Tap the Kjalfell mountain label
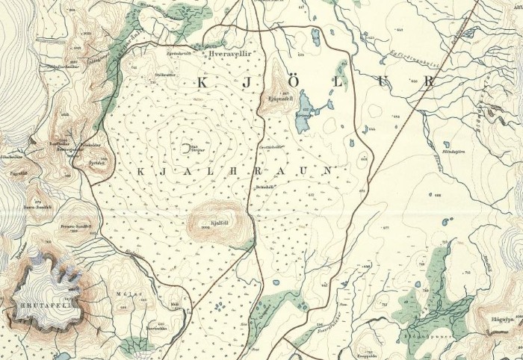click(x=219, y=222)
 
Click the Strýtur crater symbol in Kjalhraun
click(x=185, y=147)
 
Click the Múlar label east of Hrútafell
click(x=123, y=294)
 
